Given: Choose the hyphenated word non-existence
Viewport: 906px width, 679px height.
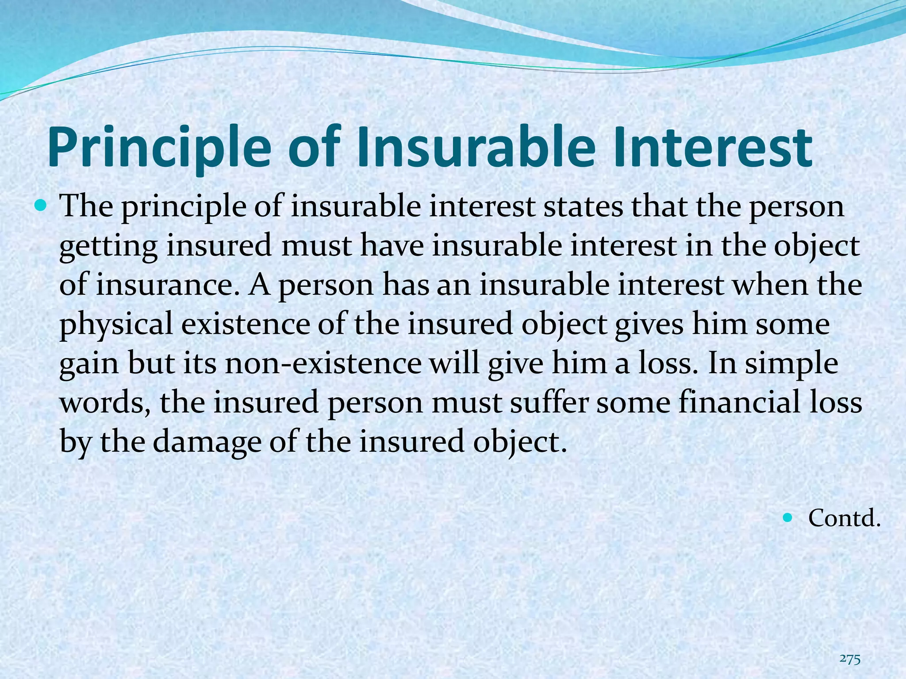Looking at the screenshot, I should [x=323, y=363].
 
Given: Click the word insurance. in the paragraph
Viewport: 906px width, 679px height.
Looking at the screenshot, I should [x=168, y=285].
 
